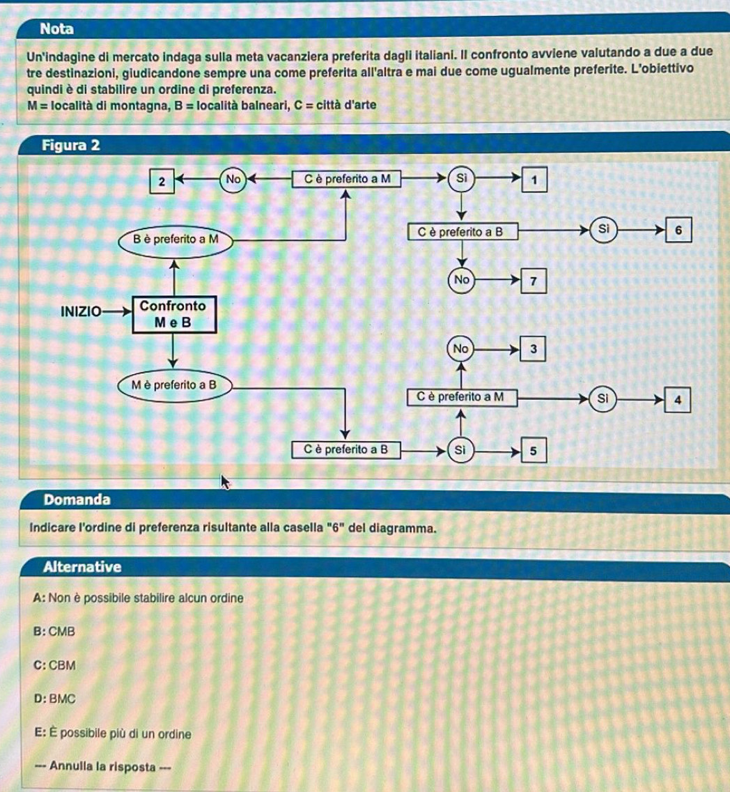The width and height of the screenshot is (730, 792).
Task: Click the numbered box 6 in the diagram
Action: click(x=681, y=231)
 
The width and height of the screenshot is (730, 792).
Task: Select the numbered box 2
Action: click(x=161, y=182)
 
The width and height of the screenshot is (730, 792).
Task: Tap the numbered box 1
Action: click(x=534, y=179)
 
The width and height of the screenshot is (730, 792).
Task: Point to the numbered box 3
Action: click(x=533, y=349)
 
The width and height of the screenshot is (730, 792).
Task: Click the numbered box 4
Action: click(x=680, y=400)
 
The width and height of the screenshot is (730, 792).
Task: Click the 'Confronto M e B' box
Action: click(x=173, y=314)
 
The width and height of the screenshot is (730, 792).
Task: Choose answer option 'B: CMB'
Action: click(x=53, y=632)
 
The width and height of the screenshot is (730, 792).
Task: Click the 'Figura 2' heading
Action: click(x=71, y=146)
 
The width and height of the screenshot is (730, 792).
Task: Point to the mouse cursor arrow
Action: click(x=225, y=481)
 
